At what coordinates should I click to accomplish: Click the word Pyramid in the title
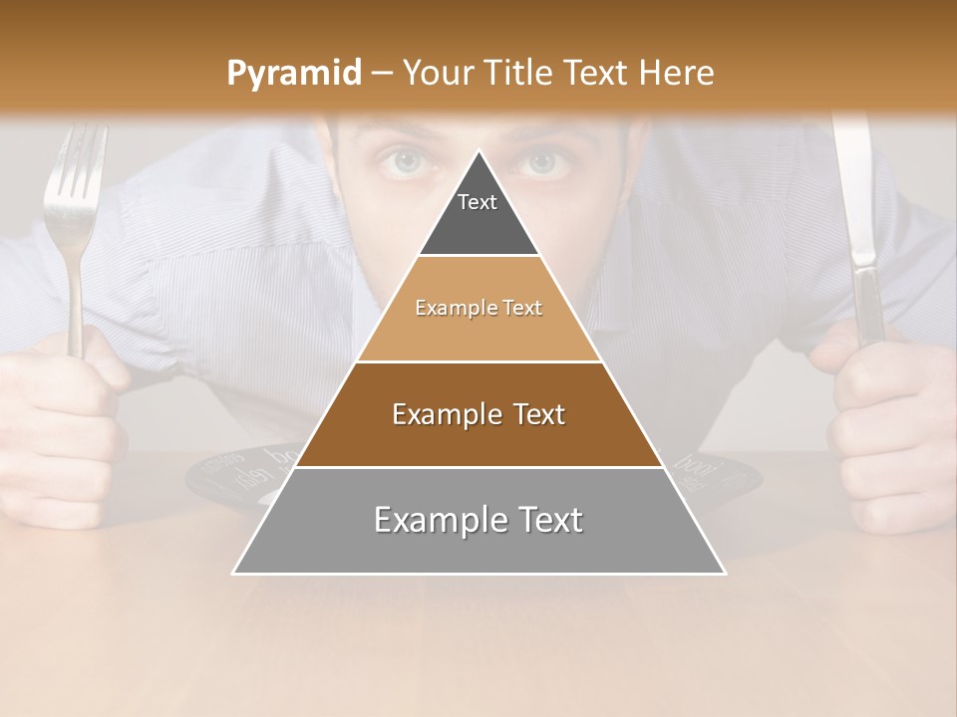point(293,73)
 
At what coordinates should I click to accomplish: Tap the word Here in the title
point(678,73)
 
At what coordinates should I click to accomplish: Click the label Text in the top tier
point(478,202)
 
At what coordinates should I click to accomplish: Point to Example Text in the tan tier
point(478,308)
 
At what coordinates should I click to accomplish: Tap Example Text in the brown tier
point(478,414)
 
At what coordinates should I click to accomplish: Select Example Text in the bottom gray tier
point(478,520)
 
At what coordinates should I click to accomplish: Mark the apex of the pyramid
point(479,152)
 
